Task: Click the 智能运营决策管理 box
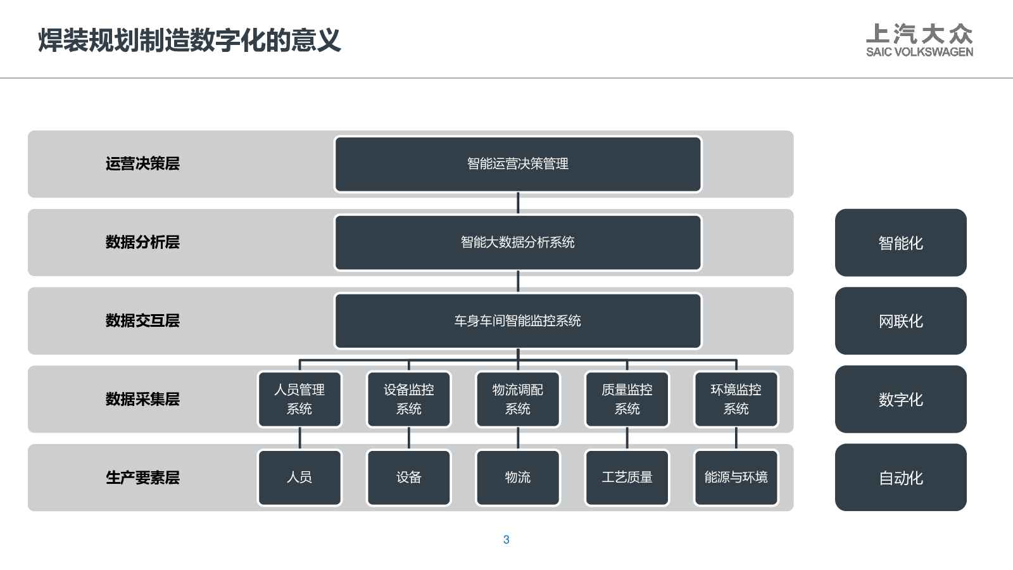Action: [x=518, y=164]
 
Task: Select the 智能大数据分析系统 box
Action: [x=518, y=243]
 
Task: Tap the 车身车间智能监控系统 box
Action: [x=518, y=320]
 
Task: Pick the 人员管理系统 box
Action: [x=299, y=399]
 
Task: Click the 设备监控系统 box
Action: [x=409, y=399]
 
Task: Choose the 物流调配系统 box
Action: [x=518, y=399]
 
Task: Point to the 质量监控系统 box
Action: [x=627, y=399]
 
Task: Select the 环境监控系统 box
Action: [x=736, y=399]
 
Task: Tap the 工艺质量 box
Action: [x=627, y=478]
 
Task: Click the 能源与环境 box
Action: [x=736, y=478]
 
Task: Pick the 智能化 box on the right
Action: [x=901, y=243]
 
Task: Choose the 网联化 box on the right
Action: [x=901, y=320]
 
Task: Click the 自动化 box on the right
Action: [x=901, y=478]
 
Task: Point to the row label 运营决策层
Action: [x=142, y=164]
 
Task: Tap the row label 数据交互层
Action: [x=142, y=320]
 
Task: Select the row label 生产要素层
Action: [x=142, y=478]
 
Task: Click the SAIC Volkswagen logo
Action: [x=919, y=41]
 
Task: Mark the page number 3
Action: [x=506, y=539]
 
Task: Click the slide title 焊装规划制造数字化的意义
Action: [x=189, y=41]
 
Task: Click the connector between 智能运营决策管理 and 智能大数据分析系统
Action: [x=518, y=203]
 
